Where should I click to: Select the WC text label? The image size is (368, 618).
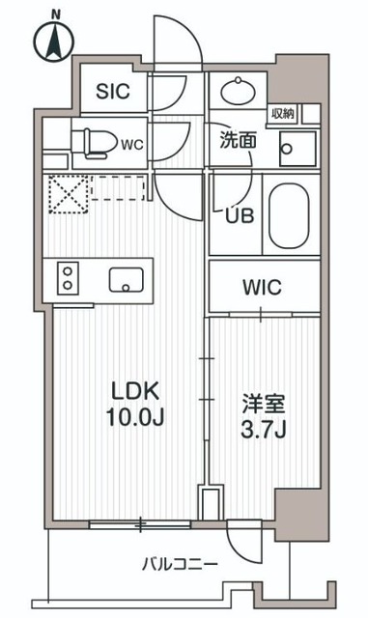tap(132, 144)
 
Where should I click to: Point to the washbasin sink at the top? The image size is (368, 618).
tap(236, 94)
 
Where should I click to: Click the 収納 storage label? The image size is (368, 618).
tap(282, 114)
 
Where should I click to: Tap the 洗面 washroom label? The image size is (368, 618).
tap(237, 139)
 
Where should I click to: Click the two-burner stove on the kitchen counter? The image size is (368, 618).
tap(69, 279)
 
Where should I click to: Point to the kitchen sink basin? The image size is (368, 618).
tap(126, 280)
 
